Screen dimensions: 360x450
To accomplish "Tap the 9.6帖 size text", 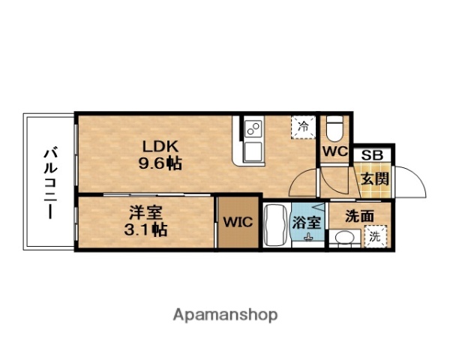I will (160, 163).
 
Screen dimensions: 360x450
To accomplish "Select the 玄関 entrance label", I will (373, 178).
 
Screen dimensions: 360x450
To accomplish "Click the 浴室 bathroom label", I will (307, 222).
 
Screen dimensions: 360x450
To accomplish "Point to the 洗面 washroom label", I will (360, 215).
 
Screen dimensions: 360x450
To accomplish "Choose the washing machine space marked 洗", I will (374, 236).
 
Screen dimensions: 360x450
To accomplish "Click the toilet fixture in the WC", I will (335, 130).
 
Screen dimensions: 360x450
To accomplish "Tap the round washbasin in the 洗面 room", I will (346, 239).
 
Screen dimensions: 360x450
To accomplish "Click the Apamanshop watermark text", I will (224, 315).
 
